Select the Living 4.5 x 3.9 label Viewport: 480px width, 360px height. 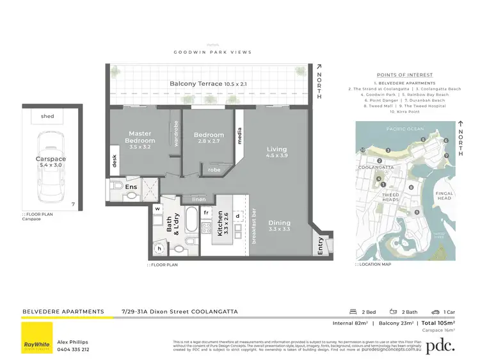[x=276, y=152]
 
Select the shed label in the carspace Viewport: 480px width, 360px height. [x=47, y=116]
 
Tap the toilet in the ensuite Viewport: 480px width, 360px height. [x=116, y=186]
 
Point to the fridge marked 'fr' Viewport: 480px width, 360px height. [x=207, y=211]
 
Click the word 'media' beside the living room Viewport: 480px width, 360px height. [x=239, y=136]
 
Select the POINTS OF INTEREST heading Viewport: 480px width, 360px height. [x=404, y=75]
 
